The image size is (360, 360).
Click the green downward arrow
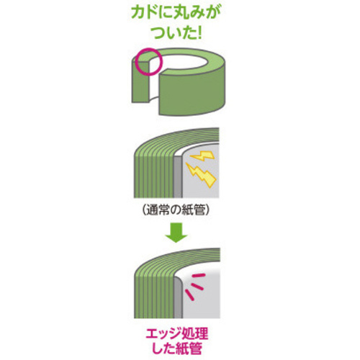[176, 233]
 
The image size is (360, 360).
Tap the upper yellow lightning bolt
[202, 156]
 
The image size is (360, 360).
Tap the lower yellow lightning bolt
[201, 174]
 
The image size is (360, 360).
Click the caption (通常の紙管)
[176, 211]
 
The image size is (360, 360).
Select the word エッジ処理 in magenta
[177, 333]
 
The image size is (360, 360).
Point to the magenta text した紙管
[177, 348]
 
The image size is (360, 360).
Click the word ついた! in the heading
[177, 32]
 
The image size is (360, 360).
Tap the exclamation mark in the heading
[199, 32]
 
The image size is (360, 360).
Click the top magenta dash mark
[199, 275]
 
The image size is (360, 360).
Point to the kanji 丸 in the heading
[175, 14]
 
